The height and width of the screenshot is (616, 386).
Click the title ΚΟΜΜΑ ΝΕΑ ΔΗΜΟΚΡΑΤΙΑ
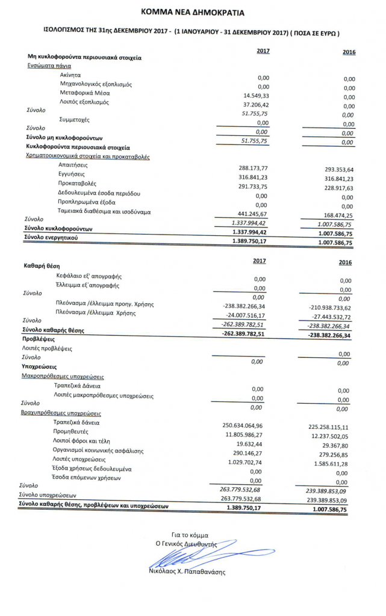pos(193,11)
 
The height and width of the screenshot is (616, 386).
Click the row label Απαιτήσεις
pos(73,164)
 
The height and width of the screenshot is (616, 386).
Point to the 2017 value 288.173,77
pos(253,168)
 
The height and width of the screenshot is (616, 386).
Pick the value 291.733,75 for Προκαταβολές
pos(253,186)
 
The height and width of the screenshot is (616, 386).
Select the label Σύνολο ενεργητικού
pos(51,238)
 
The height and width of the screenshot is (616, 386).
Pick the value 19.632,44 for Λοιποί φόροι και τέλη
pos(252,443)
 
